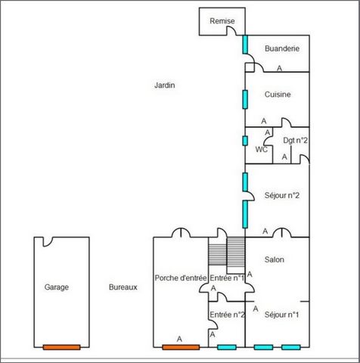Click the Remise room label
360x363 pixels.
point(222,21)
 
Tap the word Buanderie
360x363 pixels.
point(282,48)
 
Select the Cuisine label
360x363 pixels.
point(278,95)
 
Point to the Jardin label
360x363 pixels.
point(165,85)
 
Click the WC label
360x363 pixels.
point(262,150)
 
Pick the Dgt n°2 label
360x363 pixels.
point(296,140)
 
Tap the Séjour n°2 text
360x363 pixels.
point(282,195)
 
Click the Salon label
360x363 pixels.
point(275,259)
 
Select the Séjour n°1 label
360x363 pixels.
point(282,315)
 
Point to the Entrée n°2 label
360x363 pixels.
point(227,315)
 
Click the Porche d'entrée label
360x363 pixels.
point(181,278)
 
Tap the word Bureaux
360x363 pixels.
point(123,287)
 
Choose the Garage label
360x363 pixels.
point(57,287)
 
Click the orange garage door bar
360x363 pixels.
point(62,347)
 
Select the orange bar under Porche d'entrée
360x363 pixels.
point(181,347)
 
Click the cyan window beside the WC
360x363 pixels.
point(245,141)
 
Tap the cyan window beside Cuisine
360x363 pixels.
point(245,100)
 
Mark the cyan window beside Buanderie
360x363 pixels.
point(245,45)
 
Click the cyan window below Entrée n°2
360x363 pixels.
point(227,347)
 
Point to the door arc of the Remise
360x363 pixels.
point(231,30)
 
